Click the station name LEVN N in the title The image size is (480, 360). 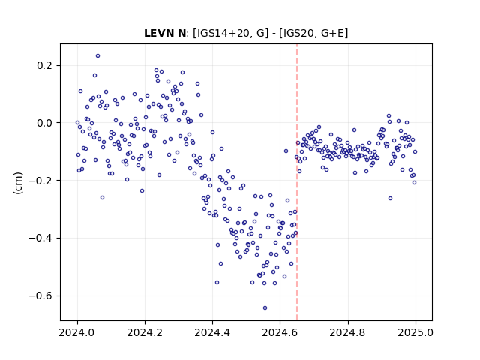pos(165,33)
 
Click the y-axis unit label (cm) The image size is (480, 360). pos(18,183)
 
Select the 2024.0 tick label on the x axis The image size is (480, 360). pos(77,332)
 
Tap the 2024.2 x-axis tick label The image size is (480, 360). pos(145,332)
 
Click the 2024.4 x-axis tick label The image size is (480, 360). pos(212,332)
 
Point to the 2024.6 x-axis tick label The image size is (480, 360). pos(280,332)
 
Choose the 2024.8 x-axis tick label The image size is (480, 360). pos(348,332)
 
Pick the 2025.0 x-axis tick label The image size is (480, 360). pos(415,332)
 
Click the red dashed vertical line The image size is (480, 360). pos(297,182)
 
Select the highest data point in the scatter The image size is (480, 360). pos(98,56)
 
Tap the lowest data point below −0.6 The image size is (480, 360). pos(265,308)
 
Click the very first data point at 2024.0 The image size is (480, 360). pos(77,123)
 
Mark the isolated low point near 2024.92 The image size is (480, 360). pos(390,198)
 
